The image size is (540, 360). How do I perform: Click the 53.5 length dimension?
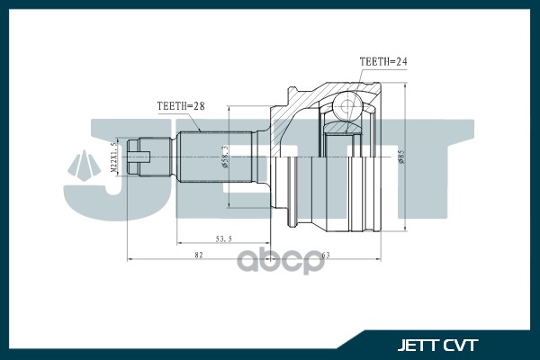[224, 238]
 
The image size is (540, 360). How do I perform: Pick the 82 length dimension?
[198, 256]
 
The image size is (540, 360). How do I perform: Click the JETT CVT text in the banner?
[438, 345]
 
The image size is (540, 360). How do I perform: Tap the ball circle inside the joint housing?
[345, 109]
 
